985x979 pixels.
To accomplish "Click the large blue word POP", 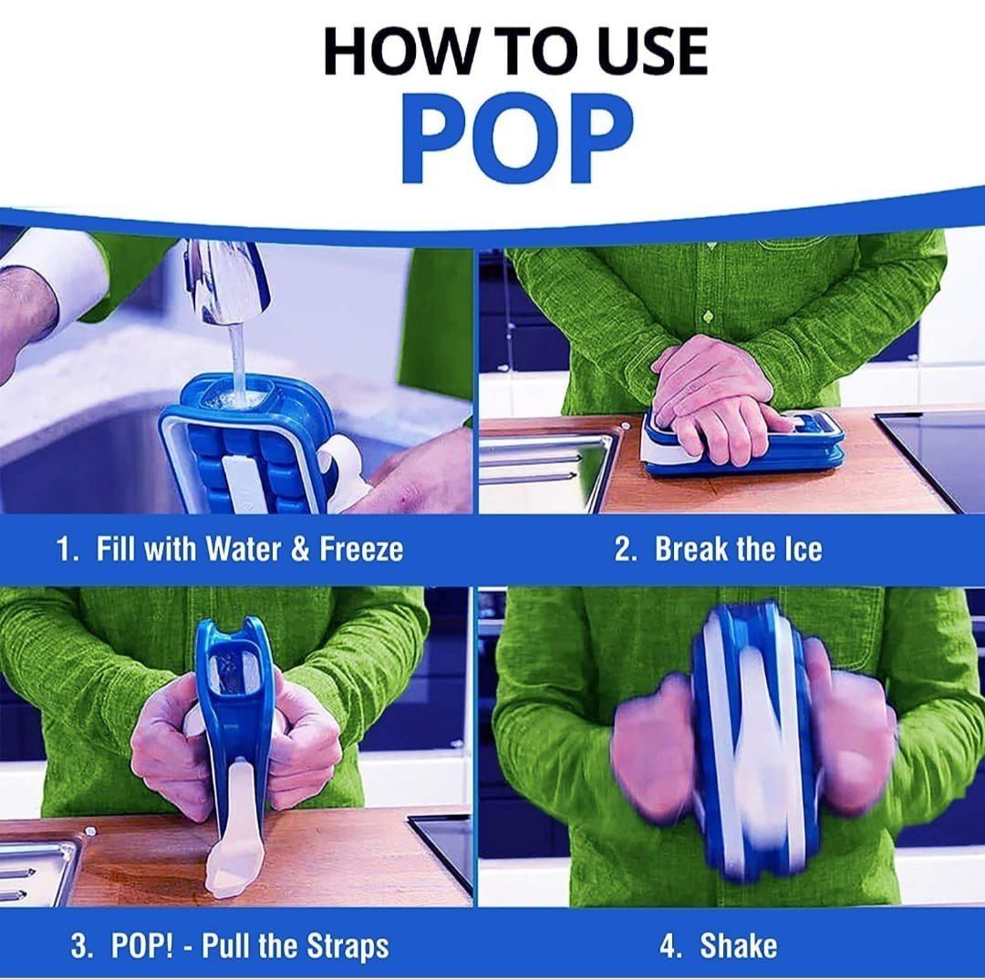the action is (x=517, y=139).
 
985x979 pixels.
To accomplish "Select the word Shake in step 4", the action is (x=738, y=945).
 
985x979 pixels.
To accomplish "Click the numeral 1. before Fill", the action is (x=67, y=549).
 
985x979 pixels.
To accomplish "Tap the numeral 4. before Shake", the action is (x=670, y=946).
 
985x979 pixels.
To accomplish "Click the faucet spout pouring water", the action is (x=227, y=280).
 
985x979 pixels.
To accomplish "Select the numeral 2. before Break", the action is (x=625, y=549).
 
